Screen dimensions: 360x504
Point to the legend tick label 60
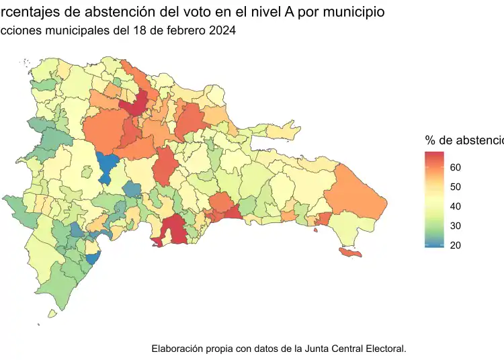[x=455, y=167]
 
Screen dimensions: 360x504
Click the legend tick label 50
[x=455, y=187]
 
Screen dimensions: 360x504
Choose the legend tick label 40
[x=455, y=206]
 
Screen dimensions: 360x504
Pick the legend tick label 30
[x=455, y=226]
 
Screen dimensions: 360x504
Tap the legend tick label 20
[x=455, y=245]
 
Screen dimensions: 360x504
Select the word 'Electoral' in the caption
[x=386, y=349]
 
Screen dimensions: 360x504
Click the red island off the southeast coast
[x=350, y=253]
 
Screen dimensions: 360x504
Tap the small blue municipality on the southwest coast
[x=93, y=257]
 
